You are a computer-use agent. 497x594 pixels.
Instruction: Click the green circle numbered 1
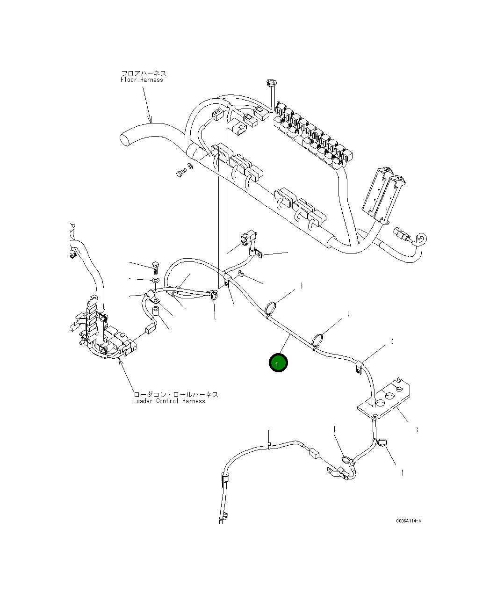pyautogui.click(x=278, y=363)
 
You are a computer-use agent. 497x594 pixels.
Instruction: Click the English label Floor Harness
pyautogui.click(x=142, y=80)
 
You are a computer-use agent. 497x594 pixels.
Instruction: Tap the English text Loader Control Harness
pyautogui.click(x=169, y=401)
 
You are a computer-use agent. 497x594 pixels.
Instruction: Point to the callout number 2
pyautogui.click(x=391, y=341)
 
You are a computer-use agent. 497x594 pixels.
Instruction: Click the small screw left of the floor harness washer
pyautogui.click(x=180, y=174)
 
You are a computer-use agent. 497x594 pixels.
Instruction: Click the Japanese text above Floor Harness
pyautogui.click(x=144, y=73)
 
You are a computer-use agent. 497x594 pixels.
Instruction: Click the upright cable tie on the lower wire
pyautogui.click(x=269, y=439)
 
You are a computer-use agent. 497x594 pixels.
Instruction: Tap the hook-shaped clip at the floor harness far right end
pyautogui.click(x=419, y=239)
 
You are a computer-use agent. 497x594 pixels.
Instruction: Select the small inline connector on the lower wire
pyautogui.click(x=314, y=452)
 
